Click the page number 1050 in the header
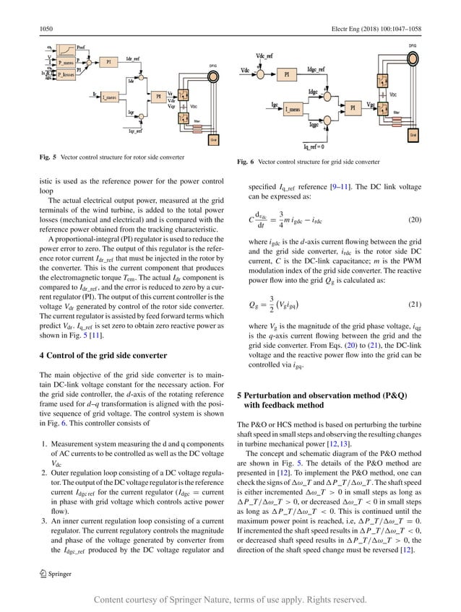[x=46, y=29]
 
